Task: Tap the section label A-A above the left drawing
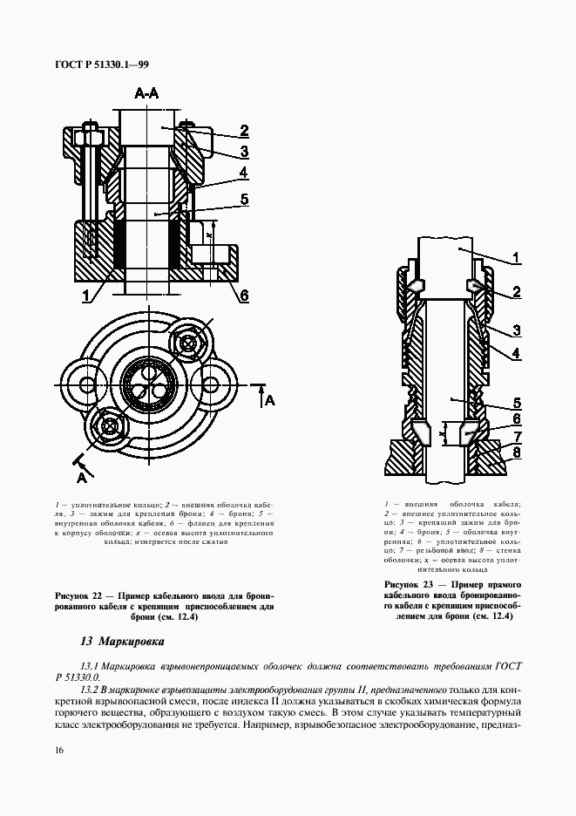146,94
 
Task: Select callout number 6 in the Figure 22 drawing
244,295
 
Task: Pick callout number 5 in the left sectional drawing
245,200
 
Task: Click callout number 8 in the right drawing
516,452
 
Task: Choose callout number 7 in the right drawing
516,436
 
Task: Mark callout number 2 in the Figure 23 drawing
516,291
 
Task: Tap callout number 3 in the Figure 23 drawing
516,330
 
